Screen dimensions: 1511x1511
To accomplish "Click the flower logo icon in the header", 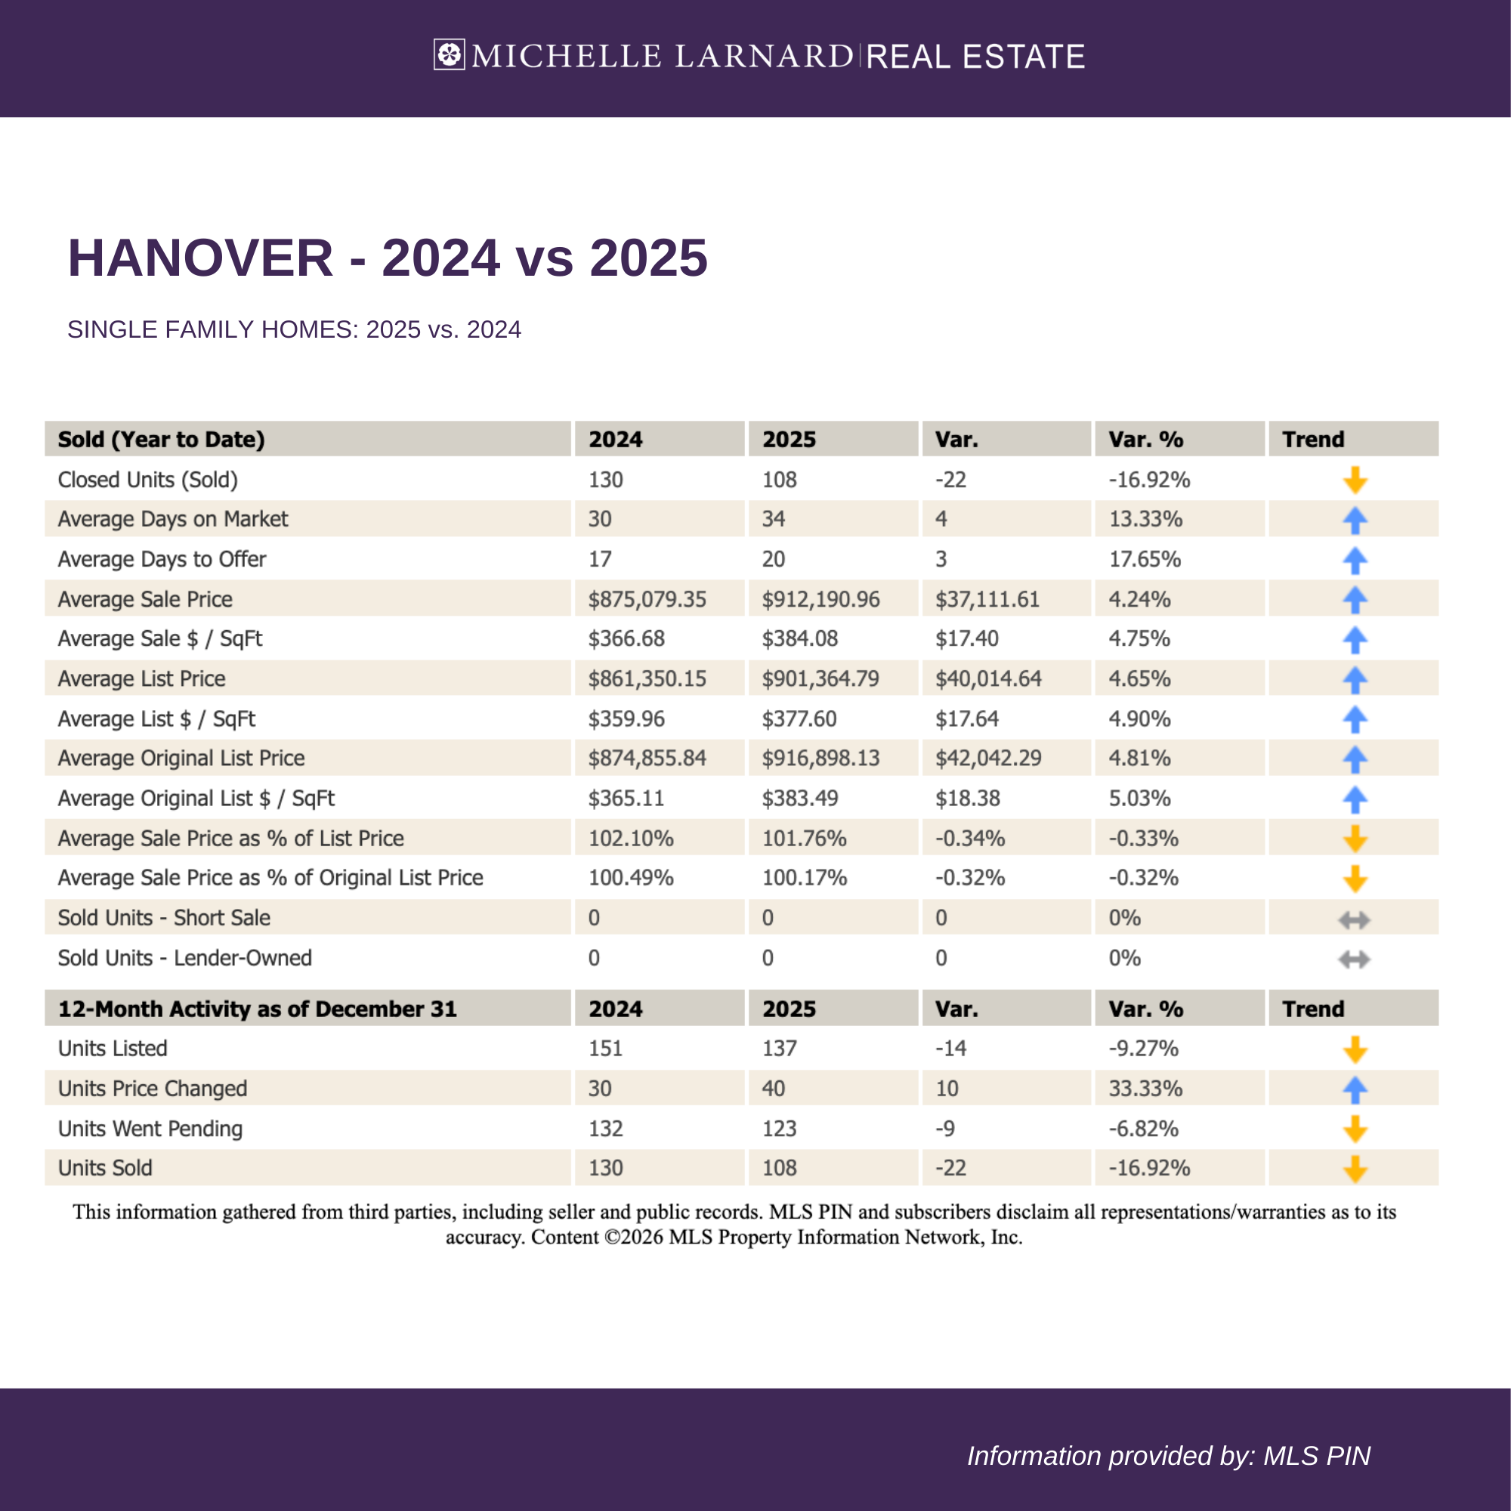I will click(x=449, y=55).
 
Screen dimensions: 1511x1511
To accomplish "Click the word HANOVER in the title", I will click(x=200, y=258).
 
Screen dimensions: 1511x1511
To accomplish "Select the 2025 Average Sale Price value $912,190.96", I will click(x=820, y=599).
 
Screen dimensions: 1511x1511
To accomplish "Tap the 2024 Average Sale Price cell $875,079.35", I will click(x=647, y=599).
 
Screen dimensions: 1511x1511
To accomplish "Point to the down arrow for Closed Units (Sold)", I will click(x=1355, y=480).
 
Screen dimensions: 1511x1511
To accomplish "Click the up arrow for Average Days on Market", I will click(x=1355, y=520).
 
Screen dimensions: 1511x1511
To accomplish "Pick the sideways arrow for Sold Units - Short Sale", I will click(x=1354, y=919).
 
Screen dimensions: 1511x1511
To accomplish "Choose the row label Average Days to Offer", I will click(x=162, y=559).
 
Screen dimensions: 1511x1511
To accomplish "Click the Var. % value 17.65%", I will click(x=1144, y=559).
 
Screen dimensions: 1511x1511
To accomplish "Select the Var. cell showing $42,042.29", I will click(x=987, y=758).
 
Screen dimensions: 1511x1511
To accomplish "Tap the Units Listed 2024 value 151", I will click(x=605, y=1048).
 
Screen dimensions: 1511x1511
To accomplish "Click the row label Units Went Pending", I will click(x=150, y=1129).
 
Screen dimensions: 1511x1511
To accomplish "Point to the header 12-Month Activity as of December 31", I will click(x=258, y=1009).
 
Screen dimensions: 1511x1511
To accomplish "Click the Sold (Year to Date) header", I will click(x=161, y=440).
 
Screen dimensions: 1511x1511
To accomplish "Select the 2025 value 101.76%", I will click(x=804, y=839).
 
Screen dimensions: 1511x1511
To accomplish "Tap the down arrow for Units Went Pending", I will click(x=1355, y=1129).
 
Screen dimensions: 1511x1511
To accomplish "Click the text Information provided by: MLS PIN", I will click(x=1169, y=1456).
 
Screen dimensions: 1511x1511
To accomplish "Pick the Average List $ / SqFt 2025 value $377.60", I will click(x=799, y=718).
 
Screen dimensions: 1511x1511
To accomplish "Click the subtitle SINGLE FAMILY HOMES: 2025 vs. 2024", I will click(x=294, y=329).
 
